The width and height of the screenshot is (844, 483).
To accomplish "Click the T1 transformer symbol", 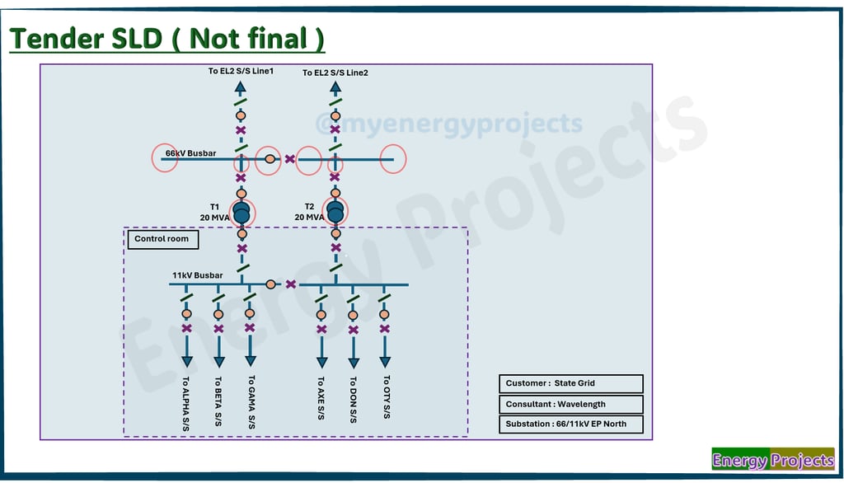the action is pyautogui.click(x=241, y=213).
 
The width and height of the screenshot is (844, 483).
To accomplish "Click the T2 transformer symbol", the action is pyautogui.click(x=335, y=212).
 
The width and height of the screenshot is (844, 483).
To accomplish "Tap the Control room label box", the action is pyautogui.click(x=163, y=239).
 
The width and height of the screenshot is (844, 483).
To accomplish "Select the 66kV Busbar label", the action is pyautogui.click(x=190, y=153).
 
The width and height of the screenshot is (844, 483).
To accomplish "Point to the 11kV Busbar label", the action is pyautogui.click(x=198, y=275).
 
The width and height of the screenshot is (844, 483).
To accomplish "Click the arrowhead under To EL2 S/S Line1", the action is pyautogui.click(x=241, y=87).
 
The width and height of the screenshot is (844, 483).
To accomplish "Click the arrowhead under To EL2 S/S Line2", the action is pyautogui.click(x=335, y=87).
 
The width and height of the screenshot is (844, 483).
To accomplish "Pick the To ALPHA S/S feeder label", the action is pyautogui.click(x=185, y=404).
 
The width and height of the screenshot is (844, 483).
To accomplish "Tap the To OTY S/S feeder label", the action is pyautogui.click(x=387, y=396).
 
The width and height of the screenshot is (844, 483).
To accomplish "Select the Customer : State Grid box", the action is pyautogui.click(x=571, y=383).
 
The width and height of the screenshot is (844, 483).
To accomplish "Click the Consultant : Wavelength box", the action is pyautogui.click(x=571, y=404).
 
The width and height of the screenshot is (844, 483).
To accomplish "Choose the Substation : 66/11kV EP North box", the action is pyautogui.click(x=571, y=424).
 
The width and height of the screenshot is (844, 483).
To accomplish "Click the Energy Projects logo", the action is pyautogui.click(x=773, y=459).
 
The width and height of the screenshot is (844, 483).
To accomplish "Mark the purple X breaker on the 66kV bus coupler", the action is pyautogui.click(x=290, y=159).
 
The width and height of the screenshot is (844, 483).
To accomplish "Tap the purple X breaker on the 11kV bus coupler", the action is pyautogui.click(x=291, y=284).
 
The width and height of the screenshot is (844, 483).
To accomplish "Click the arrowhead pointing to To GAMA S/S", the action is pyautogui.click(x=251, y=361).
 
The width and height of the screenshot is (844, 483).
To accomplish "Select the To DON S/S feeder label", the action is pyautogui.click(x=353, y=400).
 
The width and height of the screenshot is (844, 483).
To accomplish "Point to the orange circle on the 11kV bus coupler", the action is pyautogui.click(x=270, y=284).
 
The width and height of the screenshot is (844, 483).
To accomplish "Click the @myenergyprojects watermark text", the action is pyautogui.click(x=449, y=124).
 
